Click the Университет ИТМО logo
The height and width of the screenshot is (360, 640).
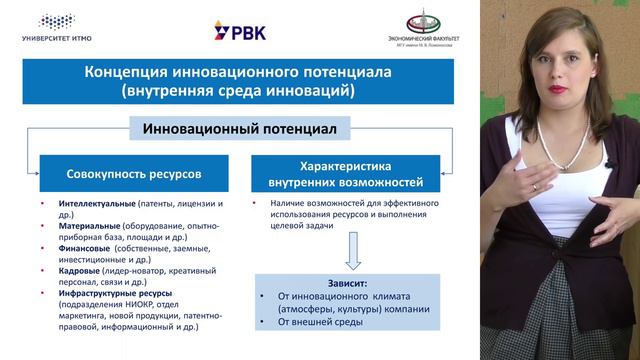point(62,27)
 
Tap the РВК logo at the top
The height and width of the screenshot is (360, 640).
point(240,32)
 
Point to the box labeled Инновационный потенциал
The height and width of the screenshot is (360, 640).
point(239,129)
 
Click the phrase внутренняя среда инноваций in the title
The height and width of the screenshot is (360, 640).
point(239,91)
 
